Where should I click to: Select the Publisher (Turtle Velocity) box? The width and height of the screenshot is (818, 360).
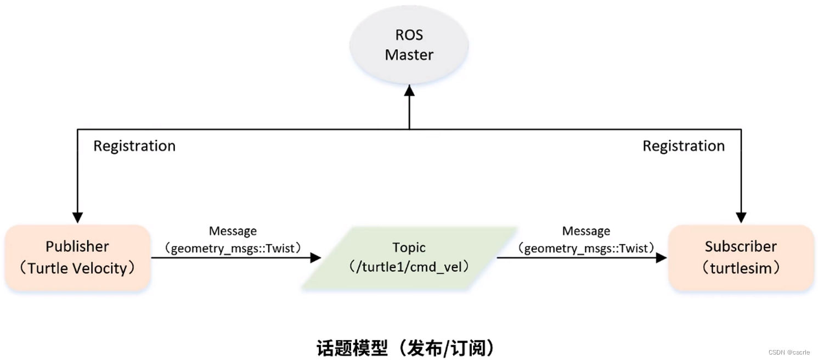pyautogui.click(x=77, y=257)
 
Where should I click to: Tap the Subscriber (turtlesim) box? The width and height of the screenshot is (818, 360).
pyautogui.click(x=741, y=257)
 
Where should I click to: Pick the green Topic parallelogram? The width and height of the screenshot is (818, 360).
pyautogui.click(x=409, y=257)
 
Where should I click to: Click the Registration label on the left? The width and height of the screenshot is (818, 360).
pyautogui.click(x=134, y=146)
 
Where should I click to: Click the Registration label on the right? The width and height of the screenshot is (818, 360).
pyautogui.click(x=684, y=146)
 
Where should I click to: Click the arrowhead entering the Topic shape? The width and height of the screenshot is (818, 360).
pyautogui.click(x=315, y=257)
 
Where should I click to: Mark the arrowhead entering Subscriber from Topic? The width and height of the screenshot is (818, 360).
pyautogui.click(x=661, y=257)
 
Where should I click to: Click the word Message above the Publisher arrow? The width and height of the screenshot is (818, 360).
pyautogui.click(x=233, y=231)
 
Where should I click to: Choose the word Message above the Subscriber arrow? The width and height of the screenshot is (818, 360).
pyautogui.click(x=586, y=231)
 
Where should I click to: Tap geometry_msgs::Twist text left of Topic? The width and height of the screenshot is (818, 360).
pyautogui.click(x=233, y=248)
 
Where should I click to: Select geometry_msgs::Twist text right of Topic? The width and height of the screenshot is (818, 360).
pyautogui.click(x=586, y=248)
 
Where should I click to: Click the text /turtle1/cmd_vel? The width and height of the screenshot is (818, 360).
pyautogui.click(x=409, y=267)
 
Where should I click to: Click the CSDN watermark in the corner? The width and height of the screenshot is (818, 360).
pyautogui.click(x=789, y=352)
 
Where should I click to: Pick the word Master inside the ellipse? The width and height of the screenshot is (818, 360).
pyautogui.click(x=409, y=55)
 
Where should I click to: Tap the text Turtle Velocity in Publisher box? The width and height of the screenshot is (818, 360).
pyautogui.click(x=77, y=268)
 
